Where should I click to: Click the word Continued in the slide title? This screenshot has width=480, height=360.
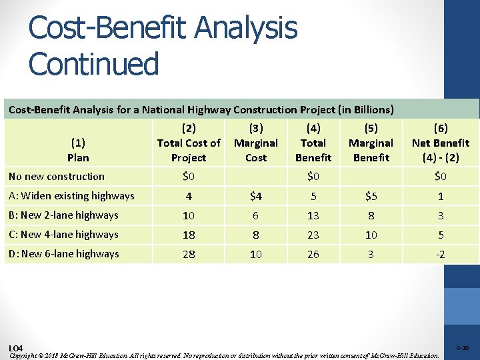click(x=94, y=64)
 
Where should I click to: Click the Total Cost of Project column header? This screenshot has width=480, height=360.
click(x=189, y=143)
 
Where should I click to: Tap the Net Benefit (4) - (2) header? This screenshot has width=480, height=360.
click(x=440, y=143)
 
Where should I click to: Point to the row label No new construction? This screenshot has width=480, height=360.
click(x=57, y=177)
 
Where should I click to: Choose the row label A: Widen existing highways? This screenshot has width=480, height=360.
click(x=71, y=196)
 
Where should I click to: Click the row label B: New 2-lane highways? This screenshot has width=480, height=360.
click(x=63, y=215)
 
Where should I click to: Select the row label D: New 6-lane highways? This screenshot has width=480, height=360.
click(x=63, y=254)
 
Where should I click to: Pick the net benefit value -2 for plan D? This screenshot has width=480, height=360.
click(x=440, y=255)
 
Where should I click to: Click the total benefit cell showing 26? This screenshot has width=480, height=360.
click(x=313, y=255)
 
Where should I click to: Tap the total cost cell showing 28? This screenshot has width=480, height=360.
click(x=189, y=255)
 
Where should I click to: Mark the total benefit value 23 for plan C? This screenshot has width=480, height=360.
click(x=313, y=235)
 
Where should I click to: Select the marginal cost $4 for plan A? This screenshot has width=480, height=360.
click(x=255, y=197)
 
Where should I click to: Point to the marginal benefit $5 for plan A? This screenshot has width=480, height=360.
click(x=371, y=197)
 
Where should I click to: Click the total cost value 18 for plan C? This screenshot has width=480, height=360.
click(x=189, y=235)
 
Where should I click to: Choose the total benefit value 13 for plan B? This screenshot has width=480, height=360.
click(x=313, y=216)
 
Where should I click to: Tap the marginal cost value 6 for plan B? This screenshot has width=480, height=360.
click(x=255, y=216)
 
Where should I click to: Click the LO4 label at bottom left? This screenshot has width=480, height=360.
click(x=15, y=349)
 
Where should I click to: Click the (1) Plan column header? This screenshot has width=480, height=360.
click(x=78, y=150)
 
